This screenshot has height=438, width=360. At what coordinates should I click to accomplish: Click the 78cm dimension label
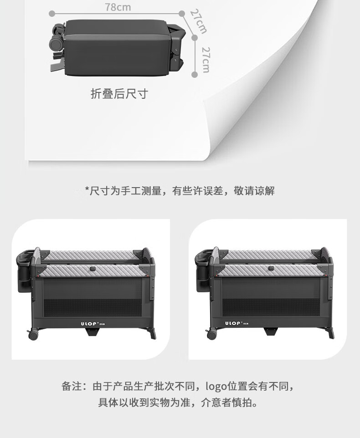(x=118, y=7)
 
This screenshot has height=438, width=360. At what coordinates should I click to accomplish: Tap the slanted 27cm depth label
(x=199, y=22)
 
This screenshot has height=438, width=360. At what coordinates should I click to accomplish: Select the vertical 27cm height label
(x=206, y=60)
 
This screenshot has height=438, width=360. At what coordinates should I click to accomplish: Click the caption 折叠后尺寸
(x=119, y=94)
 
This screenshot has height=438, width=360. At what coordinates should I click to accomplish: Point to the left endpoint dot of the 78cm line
(x=51, y=13)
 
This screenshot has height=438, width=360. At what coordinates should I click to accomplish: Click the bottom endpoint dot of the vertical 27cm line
(x=195, y=75)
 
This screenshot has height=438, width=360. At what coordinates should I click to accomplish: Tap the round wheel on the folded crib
(x=56, y=44)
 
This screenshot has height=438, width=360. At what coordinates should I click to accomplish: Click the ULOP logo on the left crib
(x=93, y=324)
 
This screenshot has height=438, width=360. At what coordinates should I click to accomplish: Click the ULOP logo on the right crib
(x=237, y=323)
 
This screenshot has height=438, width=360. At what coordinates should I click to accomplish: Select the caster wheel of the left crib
(x=33, y=334)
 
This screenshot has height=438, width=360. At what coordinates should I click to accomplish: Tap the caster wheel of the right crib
(x=212, y=334)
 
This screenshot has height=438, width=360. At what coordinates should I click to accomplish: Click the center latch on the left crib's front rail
(x=93, y=269)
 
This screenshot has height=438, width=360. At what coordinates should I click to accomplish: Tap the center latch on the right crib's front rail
(x=271, y=269)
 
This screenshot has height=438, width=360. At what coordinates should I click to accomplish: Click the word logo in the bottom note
(x=216, y=387)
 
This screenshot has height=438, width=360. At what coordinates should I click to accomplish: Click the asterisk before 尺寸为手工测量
(x=87, y=189)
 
